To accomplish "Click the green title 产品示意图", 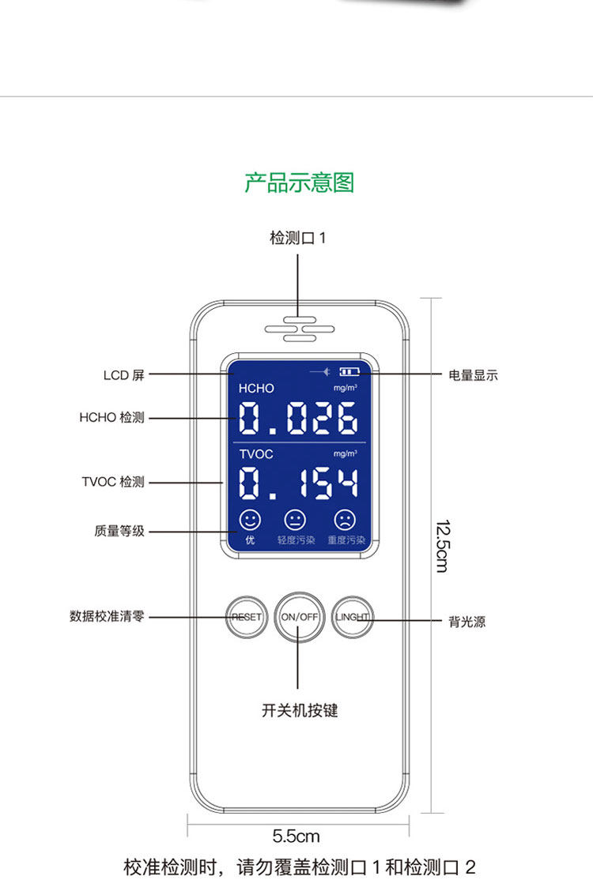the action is [x=299, y=182].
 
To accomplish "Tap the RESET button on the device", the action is [x=246, y=617].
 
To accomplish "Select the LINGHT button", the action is [x=352, y=617].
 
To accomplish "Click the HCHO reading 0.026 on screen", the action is [x=299, y=418].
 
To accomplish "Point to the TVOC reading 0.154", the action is [x=299, y=483].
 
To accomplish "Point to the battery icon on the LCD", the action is [x=349, y=371].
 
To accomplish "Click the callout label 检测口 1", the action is [x=297, y=238].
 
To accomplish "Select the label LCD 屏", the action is [x=124, y=375].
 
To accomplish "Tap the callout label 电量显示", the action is [x=473, y=375].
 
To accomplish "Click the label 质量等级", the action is [x=119, y=532].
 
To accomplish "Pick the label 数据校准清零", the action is [x=107, y=617].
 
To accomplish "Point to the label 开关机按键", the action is [x=299, y=710].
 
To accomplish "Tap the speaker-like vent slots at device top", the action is [x=299, y=329].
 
